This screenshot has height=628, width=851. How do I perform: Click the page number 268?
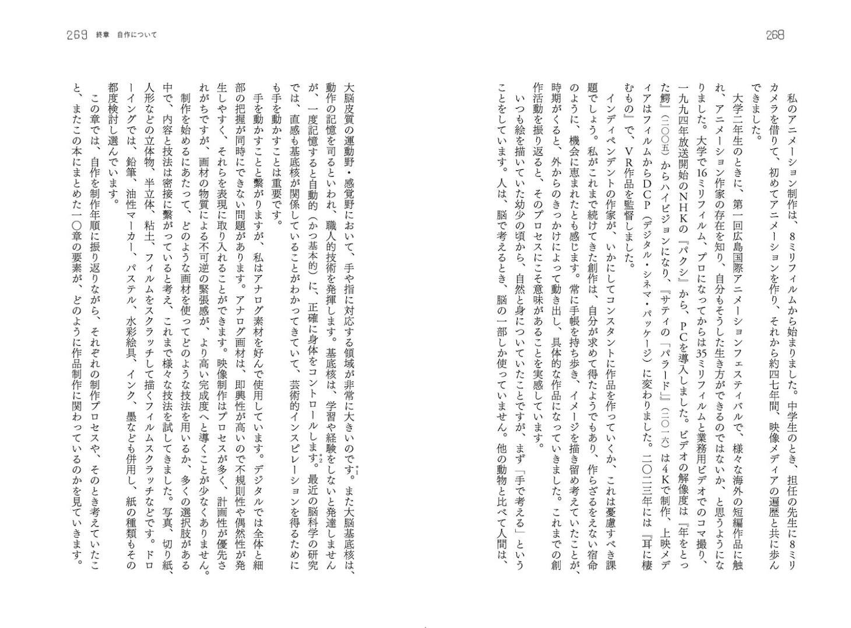pos(775,35)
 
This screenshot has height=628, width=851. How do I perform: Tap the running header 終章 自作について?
pos(126,35)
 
